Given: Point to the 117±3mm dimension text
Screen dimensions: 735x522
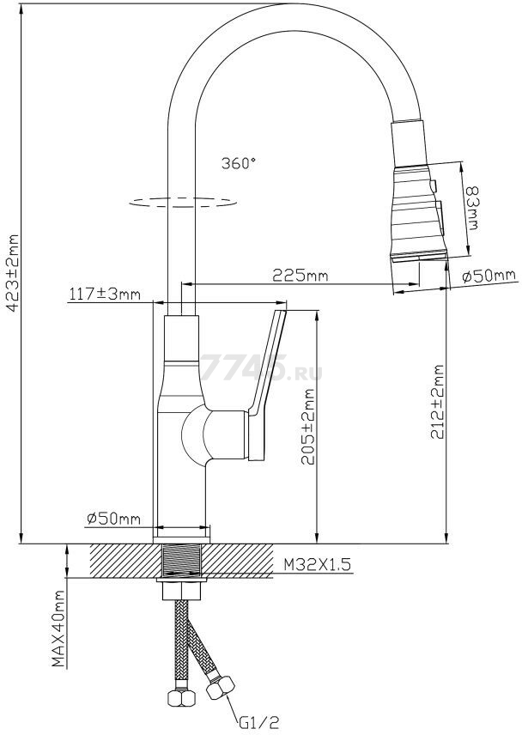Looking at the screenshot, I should coord(104,295).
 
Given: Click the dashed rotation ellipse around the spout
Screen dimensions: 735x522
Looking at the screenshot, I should coord(181,203).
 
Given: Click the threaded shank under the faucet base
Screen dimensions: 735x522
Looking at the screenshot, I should coord(181,562).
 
